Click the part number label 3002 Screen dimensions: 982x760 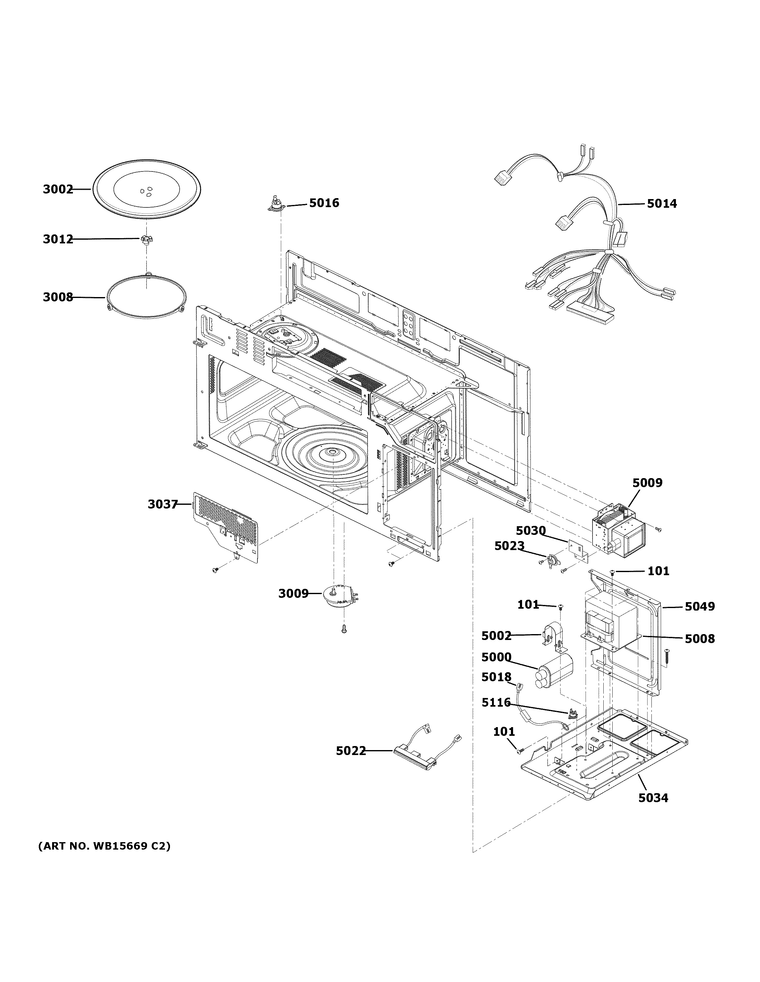tap(58, 189)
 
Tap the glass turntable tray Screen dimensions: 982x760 tap(147, 189)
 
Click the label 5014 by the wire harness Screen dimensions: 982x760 tap(662, 204)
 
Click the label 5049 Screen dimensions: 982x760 tap(699, 607)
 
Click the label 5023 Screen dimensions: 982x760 tap(509, 546)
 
